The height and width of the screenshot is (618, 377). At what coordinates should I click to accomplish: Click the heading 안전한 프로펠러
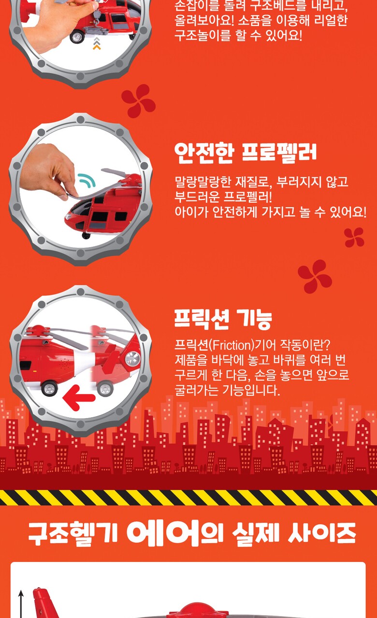click(245, 153)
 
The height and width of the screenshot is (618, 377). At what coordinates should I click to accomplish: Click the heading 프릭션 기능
click(223, 319)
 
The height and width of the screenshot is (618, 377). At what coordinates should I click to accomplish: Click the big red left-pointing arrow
click(79, 397)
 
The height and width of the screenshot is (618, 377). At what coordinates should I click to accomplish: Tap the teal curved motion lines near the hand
click(87, 180)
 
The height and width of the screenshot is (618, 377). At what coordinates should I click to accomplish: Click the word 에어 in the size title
click(163, 533)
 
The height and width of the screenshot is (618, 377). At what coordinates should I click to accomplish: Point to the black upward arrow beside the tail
click(21, 604)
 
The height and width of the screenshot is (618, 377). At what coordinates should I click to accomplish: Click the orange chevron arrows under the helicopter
click(97, 44)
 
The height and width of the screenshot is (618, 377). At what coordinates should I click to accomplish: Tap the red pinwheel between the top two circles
click(138, 101)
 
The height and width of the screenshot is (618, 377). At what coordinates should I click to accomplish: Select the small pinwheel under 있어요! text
click(354, 237)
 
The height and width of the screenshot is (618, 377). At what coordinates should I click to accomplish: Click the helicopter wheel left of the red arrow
click(50, 388)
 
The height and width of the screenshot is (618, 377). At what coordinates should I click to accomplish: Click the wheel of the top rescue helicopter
click(77, 37)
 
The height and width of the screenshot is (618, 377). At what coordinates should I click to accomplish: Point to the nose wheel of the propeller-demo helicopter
click(86, 236)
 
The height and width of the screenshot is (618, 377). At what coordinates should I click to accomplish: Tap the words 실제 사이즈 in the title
click(294, 534)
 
